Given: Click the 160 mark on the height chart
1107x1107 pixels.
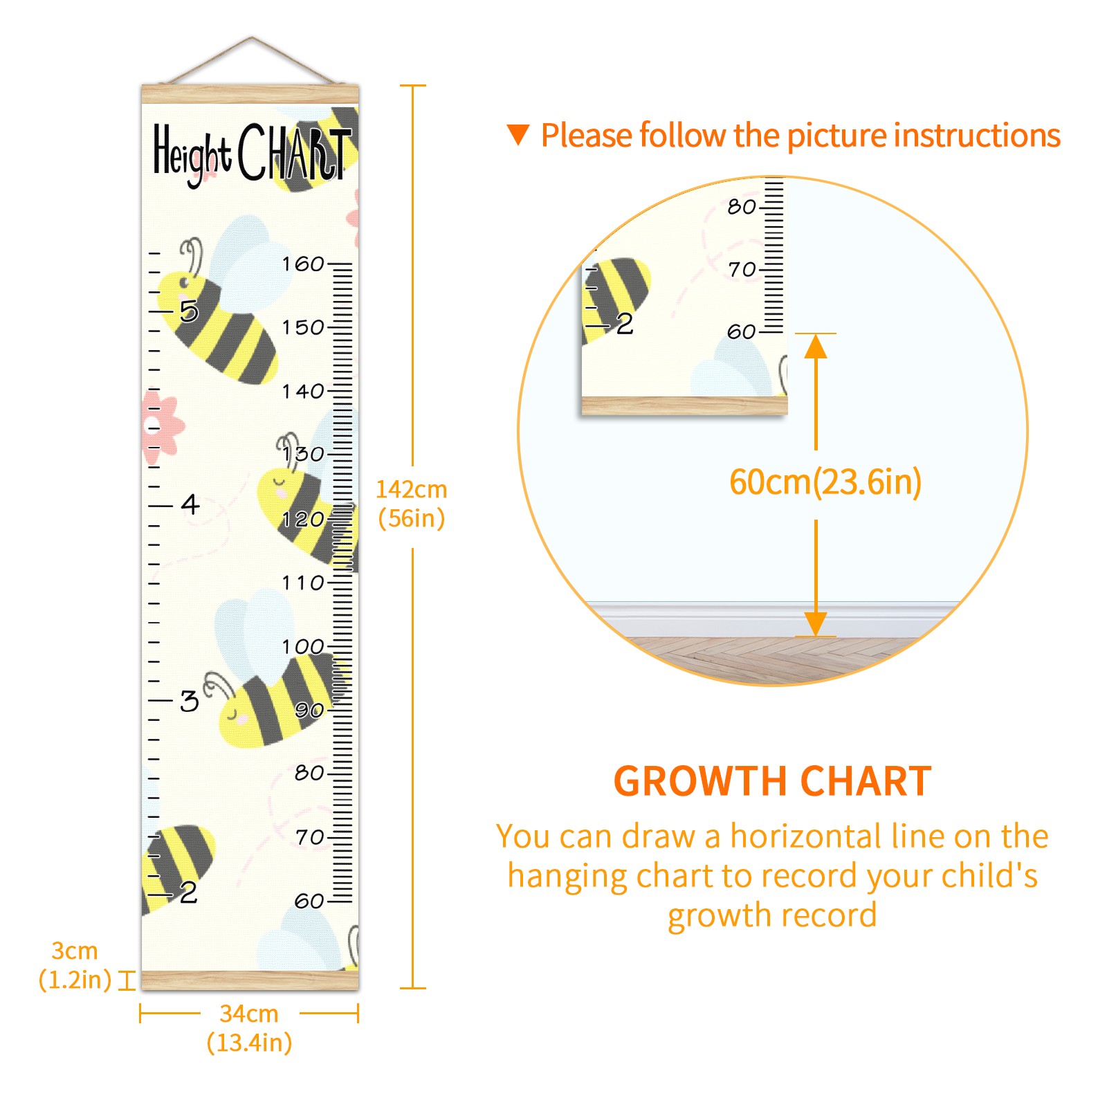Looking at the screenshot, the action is coord(303,264).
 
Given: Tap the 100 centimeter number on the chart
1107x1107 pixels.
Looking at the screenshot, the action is coord(303,646).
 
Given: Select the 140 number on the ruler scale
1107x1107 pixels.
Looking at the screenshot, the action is coord(303,391).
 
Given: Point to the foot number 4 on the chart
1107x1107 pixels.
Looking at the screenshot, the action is coord(190,504).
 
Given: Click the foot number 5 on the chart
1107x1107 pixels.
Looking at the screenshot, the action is coord(189,311).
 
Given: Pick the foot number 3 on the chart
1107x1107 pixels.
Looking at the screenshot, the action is coord(190,701).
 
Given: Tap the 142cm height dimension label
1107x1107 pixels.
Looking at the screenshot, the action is coord(412,504).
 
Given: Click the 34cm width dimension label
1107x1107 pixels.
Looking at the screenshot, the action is coord(249,1028).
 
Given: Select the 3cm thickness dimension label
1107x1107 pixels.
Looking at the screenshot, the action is coord(75,965).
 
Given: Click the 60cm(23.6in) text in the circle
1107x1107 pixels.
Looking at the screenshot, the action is coord(825,482).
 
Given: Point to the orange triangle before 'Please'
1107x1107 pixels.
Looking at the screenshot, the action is coord(518,134).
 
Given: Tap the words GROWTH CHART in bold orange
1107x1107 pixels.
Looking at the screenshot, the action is coord(773,781).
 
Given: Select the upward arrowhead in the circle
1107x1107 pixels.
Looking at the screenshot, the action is coord(816,346).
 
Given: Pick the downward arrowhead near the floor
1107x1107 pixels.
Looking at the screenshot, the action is coord(816,623).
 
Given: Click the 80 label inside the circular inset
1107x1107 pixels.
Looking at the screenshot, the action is coord(742,206).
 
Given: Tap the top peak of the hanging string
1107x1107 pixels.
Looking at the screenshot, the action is coord(252,37).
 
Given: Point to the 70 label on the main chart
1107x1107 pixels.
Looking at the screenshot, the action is coord(310,837).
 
